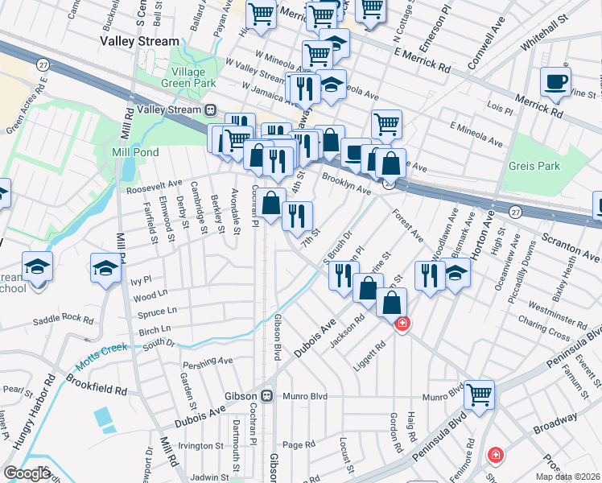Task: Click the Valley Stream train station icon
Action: pos(211,109)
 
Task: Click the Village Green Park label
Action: pos(188,76)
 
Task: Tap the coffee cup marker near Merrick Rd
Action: pos(555,83)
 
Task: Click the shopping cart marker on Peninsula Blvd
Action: pos(479,395)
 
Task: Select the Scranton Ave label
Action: pos(569,246)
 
